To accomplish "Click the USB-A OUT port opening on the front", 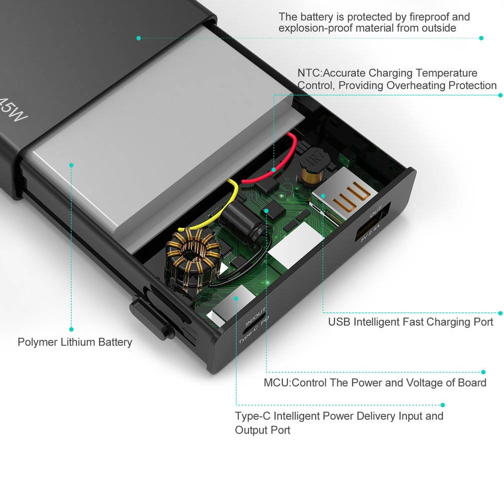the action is tap(373, 222).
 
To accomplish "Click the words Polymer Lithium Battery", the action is tap(75, 342).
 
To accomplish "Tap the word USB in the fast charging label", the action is tap(339, 322).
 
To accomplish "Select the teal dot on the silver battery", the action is tap(71, 165).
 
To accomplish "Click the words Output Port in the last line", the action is tap(262, 430).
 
